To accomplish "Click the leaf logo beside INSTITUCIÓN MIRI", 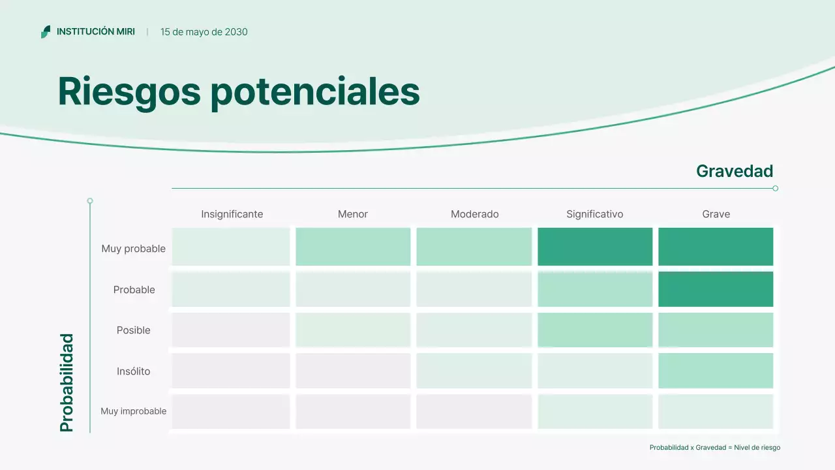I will pos(46,32).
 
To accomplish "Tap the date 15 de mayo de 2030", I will pos(204,32).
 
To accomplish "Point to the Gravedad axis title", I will pos(735,171).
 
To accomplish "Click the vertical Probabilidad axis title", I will pos(67,383).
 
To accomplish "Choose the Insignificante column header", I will pos(232,214).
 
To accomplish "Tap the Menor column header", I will pos(353,214).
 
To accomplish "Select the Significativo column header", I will pos(595,214).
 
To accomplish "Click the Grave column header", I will pos(716,214).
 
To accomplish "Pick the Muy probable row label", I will pos(134,249).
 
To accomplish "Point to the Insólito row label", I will pos(134,371).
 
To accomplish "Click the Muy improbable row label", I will pos(134,411).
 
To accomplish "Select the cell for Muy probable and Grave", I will pos(716,247).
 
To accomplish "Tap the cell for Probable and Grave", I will pos(716,289).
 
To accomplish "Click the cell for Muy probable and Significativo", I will pos(595,247).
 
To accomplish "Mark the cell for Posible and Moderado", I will pos(474,330).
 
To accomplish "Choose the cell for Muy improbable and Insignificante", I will pos(231,412).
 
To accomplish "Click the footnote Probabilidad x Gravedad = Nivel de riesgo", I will pos(715,448).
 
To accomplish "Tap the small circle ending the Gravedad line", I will pos(775,189).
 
